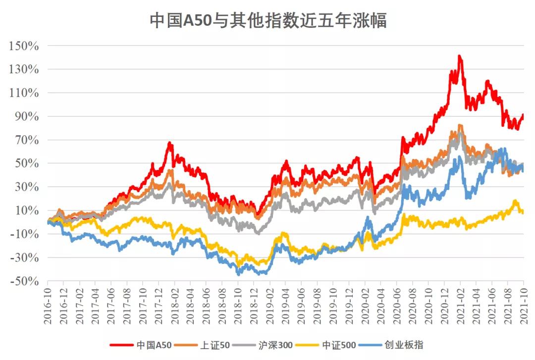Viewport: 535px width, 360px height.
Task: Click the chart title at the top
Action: coord(268,21)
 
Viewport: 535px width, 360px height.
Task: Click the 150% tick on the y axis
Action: coord(23,46)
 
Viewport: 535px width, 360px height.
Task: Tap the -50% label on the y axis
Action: coord(23,281)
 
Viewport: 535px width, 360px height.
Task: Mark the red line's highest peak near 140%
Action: coord(460,56)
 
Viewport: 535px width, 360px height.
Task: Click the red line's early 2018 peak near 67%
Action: coord(169,144)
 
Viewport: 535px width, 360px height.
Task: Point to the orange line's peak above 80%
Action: coord(460,125)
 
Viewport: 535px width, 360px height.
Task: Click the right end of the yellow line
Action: coord(523,212)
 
